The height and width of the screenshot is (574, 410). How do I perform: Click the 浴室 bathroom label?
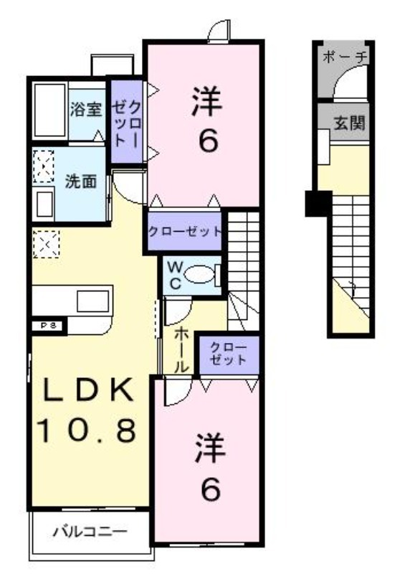(x=86, y=109)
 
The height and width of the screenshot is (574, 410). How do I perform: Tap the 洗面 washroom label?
(x=81, y=182)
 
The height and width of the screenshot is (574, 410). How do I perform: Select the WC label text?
(x=175, y=276)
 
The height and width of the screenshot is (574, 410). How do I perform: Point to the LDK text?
(x=88, y=390)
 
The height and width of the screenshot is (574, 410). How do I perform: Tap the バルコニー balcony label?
(x=90, y=530)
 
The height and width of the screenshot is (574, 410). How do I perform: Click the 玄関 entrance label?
(x=349, y=123)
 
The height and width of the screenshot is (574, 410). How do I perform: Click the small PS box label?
(x=48, y=326)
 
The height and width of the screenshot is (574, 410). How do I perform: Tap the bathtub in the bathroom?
(x=49, y=110)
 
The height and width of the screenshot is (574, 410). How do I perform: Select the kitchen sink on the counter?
(x=93, y=301)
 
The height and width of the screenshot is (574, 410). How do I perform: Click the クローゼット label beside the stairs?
(x=185, y=231)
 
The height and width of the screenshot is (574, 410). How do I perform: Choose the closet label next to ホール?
(x=229, y=354)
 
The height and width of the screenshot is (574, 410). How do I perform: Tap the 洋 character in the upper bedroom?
(x=207, y=101)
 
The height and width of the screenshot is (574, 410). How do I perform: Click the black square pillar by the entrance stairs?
(x=318, y=204)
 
